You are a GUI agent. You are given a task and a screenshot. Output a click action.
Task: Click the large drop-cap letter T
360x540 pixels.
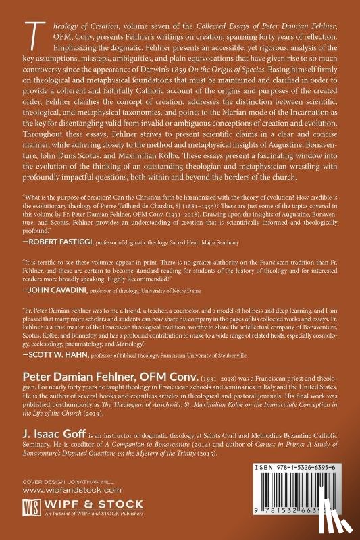[x=30, y=31]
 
